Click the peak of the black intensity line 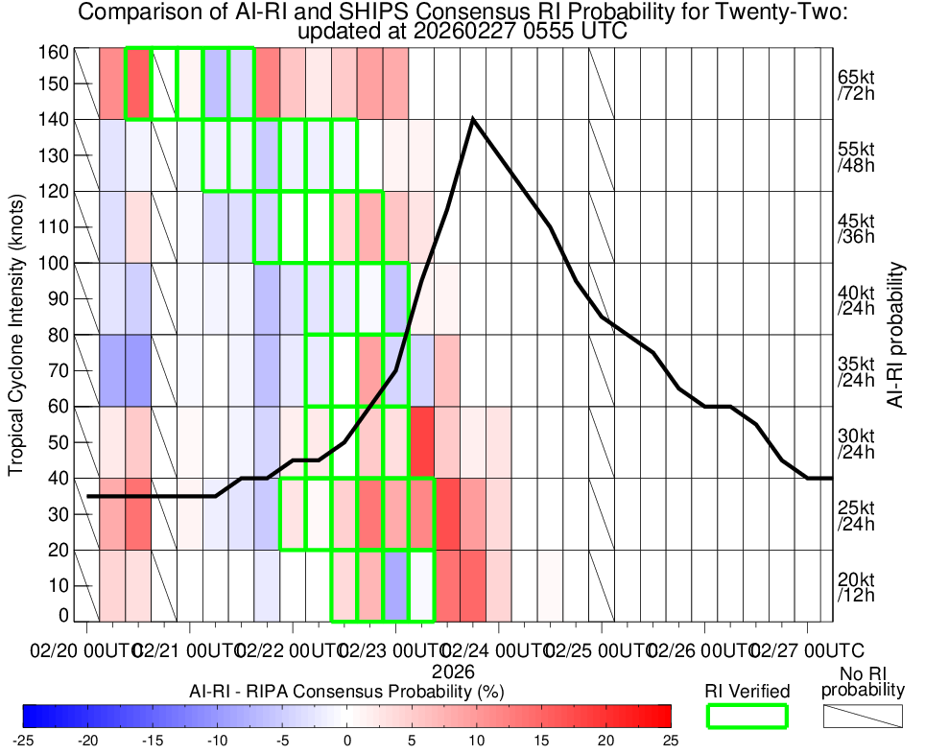point(473,119)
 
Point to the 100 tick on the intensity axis point(57,263)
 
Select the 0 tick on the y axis point(63,615)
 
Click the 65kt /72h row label point(855,84)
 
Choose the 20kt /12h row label point(855,586)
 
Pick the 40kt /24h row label point(855,299)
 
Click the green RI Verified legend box point(747,716)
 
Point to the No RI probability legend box point(864,716)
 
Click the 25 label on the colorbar point(670,741)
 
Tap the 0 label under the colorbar point(347,741)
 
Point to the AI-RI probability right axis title point(896,335)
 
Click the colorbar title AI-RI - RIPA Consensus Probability point(347,691)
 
